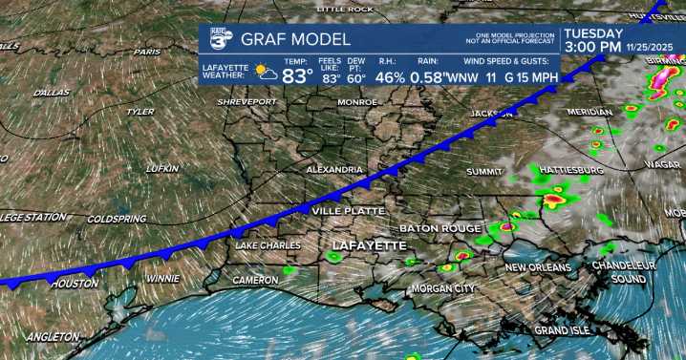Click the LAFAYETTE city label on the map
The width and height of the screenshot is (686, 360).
368,245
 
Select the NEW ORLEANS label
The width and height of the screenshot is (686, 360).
538,267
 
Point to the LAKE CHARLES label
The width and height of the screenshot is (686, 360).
269,245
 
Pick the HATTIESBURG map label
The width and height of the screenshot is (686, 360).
571,169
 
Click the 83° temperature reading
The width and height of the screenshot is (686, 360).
297,75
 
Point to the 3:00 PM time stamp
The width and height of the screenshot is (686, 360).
592,46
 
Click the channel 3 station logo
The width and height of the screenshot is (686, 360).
216,40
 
